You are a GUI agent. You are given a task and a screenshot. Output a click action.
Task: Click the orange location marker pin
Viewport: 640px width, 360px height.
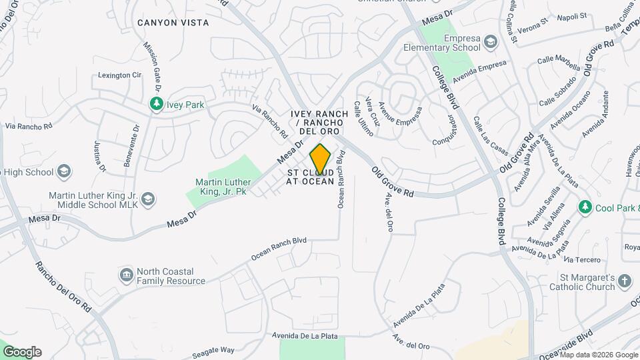tap(320, 159)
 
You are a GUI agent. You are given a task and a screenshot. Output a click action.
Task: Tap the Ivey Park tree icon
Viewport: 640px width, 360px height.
tap(157, 105)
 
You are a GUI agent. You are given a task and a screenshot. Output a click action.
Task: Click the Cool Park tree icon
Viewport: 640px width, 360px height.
tap(585, 207)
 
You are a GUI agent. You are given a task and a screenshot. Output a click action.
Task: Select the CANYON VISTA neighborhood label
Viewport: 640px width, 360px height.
tap(173, 23)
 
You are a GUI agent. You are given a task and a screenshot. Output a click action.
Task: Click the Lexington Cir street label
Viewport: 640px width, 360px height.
tap(120, 75)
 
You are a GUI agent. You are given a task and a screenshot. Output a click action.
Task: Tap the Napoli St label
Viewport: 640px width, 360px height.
tap(572, 17)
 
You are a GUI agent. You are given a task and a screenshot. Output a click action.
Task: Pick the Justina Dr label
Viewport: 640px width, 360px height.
tap(99, 156)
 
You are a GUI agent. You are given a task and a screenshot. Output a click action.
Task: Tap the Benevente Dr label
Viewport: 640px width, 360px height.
tap(131, 145)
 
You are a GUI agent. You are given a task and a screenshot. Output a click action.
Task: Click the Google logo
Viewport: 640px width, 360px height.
tap(22, 351)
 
